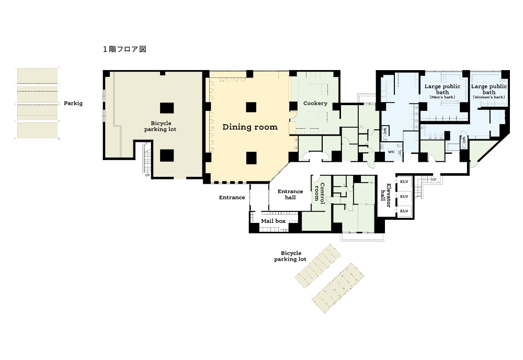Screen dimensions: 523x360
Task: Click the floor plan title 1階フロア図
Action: click(124, 49)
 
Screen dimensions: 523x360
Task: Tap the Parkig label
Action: click(73, 104)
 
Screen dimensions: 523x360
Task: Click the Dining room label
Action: click(250, 127)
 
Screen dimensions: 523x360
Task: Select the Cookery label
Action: click(315, 104)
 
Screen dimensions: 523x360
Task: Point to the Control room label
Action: click(320, 192)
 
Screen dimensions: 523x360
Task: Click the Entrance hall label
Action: click(290, 194)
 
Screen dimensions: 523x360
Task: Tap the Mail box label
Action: click(273, 221)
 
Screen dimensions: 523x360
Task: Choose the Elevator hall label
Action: click(386, 195)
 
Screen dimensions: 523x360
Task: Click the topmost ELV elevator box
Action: click(404, 182)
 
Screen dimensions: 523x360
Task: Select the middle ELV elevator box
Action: click(404, 197)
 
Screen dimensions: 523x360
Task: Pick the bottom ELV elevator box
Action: click(404, 211)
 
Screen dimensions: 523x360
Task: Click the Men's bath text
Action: click(442, 97)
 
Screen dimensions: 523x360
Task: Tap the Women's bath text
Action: click(488, 97)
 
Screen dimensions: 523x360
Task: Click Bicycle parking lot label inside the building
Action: click(161, 126)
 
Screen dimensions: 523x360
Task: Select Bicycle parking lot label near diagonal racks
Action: click(290, 256)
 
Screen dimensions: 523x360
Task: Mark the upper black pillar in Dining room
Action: click(251, 107)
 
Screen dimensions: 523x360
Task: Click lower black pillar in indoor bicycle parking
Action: click(167, 155)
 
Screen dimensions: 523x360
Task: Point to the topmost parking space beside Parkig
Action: click(37, 76)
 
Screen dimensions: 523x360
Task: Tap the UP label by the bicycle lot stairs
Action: click(147, 175)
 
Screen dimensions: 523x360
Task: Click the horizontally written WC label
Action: click(391, 152)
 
